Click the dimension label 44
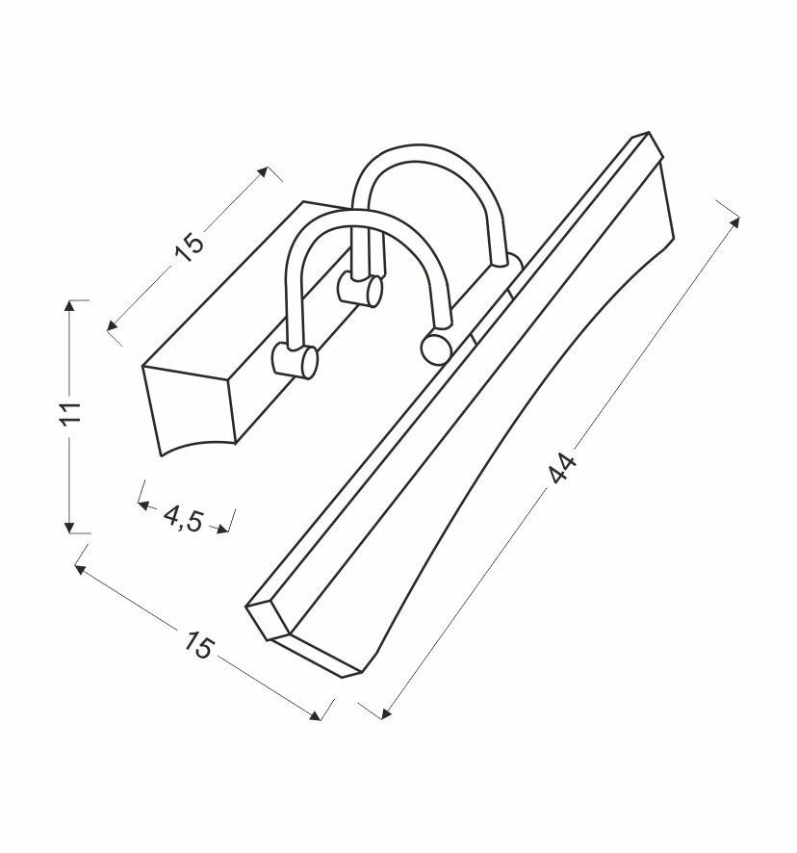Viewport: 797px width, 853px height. pos(562,469)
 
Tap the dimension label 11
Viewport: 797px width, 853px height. pos(71,413)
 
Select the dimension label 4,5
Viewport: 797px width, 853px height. pos(183,519)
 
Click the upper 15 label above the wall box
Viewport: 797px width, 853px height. pos(190,247)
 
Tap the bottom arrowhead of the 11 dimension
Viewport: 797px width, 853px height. pos(69,528)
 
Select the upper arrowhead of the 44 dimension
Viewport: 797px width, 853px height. pos(735,220)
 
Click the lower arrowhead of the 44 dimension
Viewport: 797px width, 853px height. pos(386,713)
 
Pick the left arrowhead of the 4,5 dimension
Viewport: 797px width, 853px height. pos(143,505)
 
